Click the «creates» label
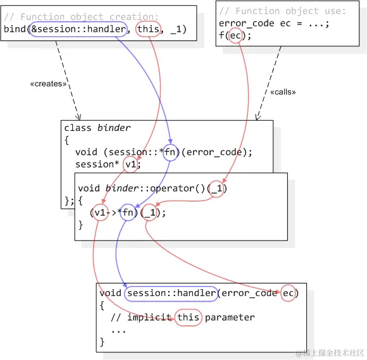tap(48, 84)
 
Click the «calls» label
tap(283, 92)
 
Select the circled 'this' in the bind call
tap(148, 29)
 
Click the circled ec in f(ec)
tap(235, 36)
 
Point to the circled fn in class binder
tap(171, 152)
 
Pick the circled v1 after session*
tap(131, 164)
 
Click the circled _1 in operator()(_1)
tap(216, 189)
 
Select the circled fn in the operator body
tap(128, 213)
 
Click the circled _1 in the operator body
tap(150, 213)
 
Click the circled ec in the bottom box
tap(289, 293)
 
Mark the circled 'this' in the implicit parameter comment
tap(188, 318)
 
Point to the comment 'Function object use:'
tap(282, 11)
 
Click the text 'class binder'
tap(97, 128)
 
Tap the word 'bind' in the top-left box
tap(15, 29)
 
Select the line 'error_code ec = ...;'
tap(274, 23)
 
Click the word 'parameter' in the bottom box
tap(229, 318)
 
